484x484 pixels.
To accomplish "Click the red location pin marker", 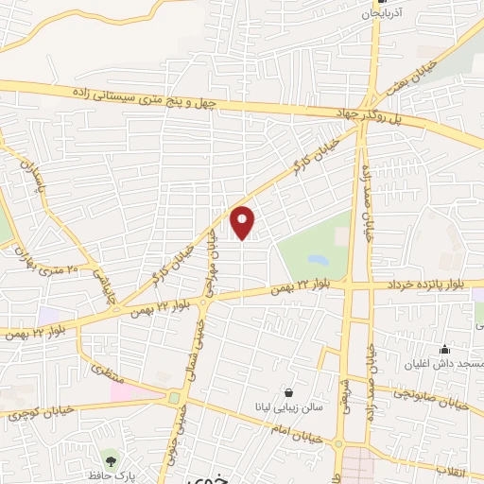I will (243, 222).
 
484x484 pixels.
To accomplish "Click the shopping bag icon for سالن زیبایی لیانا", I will (288, 392).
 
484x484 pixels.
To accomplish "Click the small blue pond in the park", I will (318, 258).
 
